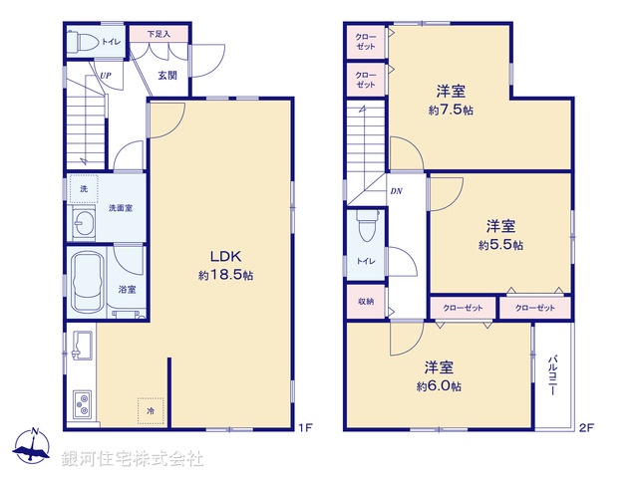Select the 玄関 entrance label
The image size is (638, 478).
(x=166, y=74)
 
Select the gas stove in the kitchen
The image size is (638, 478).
(x=80, y=404)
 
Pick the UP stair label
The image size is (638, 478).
(x=105, y=74)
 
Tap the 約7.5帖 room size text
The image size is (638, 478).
(x=452, y=111)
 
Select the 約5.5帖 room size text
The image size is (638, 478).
(x=500, y=245)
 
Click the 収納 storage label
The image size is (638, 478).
(x=366, y=302)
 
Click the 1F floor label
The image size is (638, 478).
(x=306, y=429)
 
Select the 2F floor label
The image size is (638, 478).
(x=587, y=429)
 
